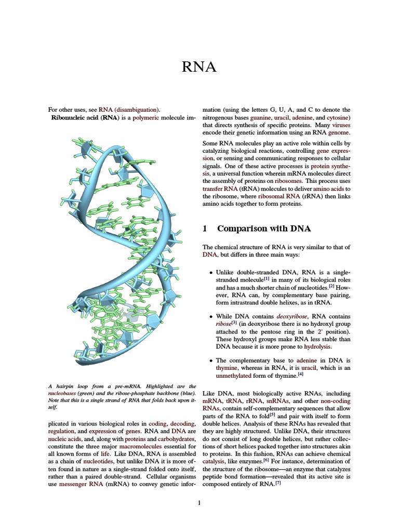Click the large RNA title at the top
(x=199, y=67)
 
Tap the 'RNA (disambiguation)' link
(x=129, y=110)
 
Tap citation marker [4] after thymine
(x=300, y=374)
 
